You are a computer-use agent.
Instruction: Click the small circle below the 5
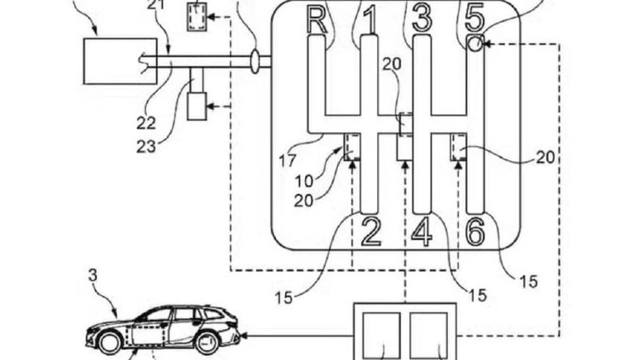(x=475, y=44)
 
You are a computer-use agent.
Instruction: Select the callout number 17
(x=289, y=161)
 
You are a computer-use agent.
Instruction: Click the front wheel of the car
(x=108, y=343)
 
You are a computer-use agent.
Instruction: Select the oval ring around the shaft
(x=255, y=61)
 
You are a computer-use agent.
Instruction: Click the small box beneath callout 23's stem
(x=196, y=106)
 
